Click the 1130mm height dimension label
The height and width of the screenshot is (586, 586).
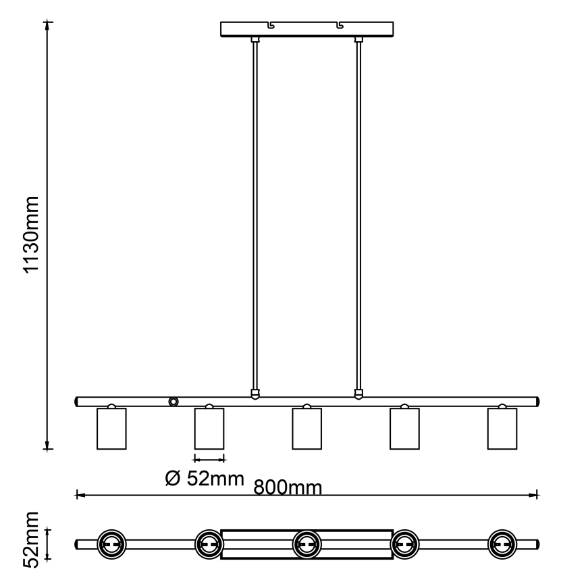(32, 234)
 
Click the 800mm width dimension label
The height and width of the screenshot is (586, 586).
(287, 487)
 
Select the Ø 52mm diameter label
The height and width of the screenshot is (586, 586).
(204, 479)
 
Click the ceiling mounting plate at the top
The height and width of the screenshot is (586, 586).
(307, 29)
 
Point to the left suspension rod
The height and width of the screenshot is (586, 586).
(255, 216)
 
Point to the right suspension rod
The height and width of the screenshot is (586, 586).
(358, 216)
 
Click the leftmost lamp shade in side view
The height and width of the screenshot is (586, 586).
(111, 428)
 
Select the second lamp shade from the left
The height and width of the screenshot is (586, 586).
(209, 428)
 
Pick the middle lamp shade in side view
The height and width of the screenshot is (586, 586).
(307, 428)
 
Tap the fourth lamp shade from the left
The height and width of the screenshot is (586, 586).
(404, 428)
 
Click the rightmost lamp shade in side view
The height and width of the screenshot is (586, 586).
(502, 428)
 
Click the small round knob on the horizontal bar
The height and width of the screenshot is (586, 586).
(174, 402)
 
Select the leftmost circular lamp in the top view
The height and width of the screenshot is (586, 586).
(111, 543)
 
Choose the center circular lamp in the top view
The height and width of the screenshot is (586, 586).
(307, 543)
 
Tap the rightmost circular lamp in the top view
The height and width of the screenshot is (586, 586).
(502, 543)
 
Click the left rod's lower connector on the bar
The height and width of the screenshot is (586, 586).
(255, 393)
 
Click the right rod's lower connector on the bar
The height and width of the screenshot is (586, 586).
(358, 393)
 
